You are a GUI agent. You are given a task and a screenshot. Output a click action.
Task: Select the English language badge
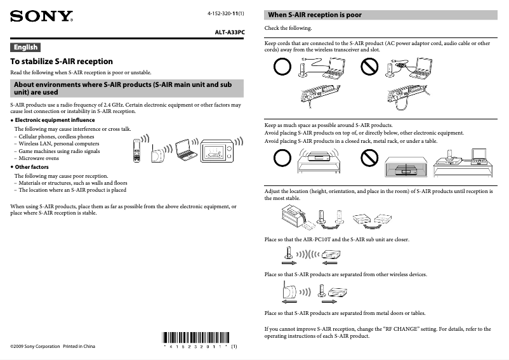click(x=25, y=47)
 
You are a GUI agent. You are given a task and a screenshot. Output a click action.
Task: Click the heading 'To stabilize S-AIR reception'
click(x=62, y=62)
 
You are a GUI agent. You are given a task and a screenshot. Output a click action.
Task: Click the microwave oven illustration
click(x=217, y=150)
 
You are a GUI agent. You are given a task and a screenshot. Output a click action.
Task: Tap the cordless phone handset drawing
click(x=136, y=149)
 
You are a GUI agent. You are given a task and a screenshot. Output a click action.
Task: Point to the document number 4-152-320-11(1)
click(x=226, y=13)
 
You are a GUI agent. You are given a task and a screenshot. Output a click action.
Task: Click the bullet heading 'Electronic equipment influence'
click(x=55, y=120)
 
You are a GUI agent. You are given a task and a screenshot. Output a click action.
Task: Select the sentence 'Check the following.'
click(x=288, y=29)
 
